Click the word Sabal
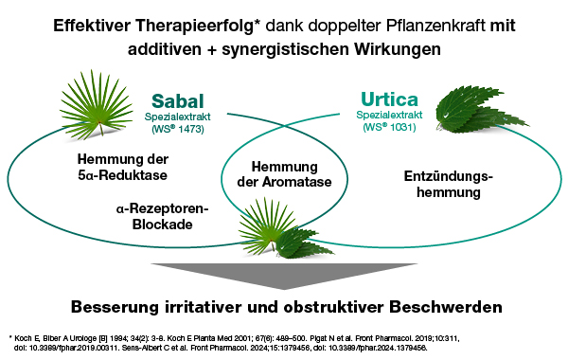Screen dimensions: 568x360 click(178, 100)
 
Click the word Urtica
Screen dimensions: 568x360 click(389, 99)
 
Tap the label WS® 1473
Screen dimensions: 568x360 click(178, 129)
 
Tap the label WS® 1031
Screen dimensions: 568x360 click(389, 127)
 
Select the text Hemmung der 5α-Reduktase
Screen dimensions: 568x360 click(123, 167)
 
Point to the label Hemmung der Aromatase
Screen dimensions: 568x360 click(284, 174)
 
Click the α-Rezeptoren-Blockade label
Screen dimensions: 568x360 click(162, 216)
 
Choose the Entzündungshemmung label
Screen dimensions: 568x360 click(449, 184)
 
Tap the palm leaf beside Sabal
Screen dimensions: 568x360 click(98, 104)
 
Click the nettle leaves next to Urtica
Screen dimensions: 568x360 click(479, 109)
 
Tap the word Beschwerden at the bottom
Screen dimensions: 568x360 click(446, 307)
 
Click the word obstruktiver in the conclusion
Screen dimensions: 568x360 click(333, 307)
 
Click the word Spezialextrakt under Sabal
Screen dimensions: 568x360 click(178, 117)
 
